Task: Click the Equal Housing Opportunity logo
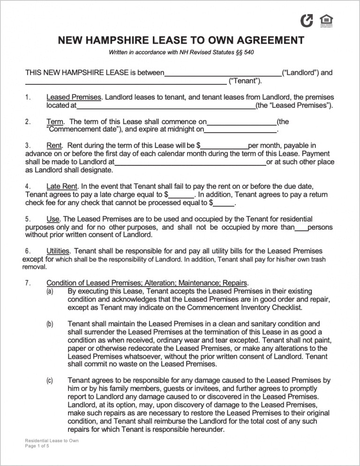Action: pyautogui.click(x=326, y=21)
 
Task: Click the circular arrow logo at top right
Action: pyautogui.click(x=307, y=21)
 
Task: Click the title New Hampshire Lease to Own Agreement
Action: pyautogui.click(x=181, y=40)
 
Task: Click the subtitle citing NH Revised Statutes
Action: pyautogui.click(x=181, y=52)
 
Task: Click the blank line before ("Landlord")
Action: pyautogui.click(x=223, y=74)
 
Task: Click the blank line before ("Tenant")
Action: pyautogui.click(x=125, y=82)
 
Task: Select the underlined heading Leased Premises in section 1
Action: pyautogui.click(x=74, y=97)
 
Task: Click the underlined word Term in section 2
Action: pyautogui.click(x=54, y=122)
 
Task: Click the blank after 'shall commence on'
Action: pyautogui.click(x=241, y=123)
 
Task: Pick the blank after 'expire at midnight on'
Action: pyautogui.click(x=240, y=130)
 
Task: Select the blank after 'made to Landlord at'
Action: pyautogui.click(x=190, y=163)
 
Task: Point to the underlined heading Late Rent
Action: pyautogui.click(x=62, y=186)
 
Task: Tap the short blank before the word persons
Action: pyautogui.click(x=301, y=228)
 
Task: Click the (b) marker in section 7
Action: pyautogui.click(x=50, y=324)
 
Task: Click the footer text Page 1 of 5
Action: pyautogui.click(x=37, y=446)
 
